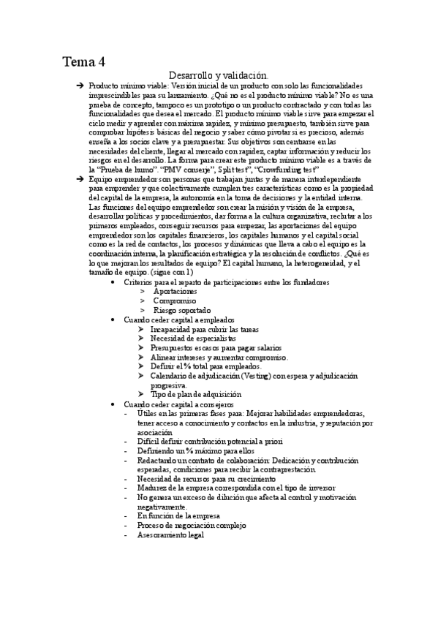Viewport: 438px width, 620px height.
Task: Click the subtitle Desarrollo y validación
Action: (218, 75)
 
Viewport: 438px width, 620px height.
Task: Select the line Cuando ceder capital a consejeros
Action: (178, 404)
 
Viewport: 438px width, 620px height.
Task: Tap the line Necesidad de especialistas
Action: (193, 339)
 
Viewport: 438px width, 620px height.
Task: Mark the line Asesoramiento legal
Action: (170, 534)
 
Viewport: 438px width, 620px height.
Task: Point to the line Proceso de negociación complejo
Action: (192, 525)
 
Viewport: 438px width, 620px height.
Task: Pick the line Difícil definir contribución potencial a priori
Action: (209, 441)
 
